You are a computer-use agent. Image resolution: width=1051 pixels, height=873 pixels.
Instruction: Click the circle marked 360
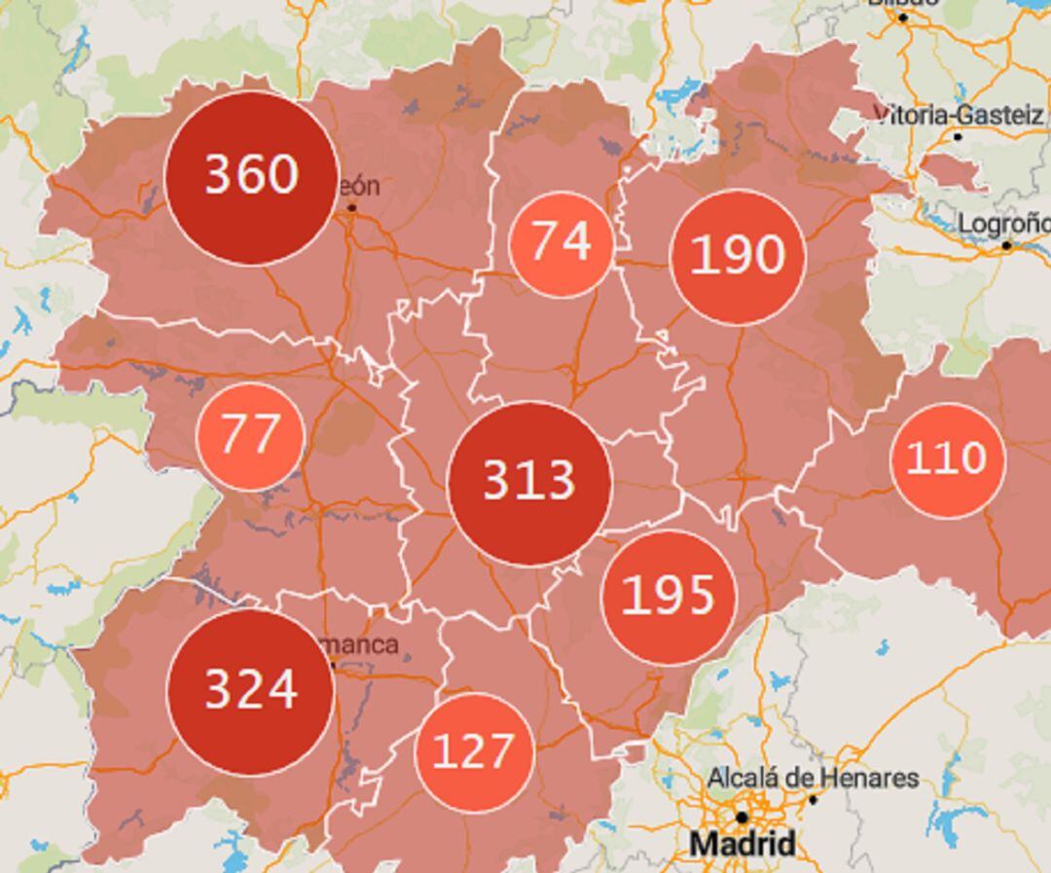click(252, 177)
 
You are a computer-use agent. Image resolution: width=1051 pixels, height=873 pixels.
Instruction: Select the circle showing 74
click(562, 242)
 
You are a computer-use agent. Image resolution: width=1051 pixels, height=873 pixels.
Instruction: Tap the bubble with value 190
click(738, 256)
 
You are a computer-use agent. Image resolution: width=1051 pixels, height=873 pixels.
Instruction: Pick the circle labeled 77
click(250, 436)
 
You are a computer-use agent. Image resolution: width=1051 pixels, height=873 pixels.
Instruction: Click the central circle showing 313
click(529, 483)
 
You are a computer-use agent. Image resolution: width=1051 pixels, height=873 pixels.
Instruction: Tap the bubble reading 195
click(669, 596)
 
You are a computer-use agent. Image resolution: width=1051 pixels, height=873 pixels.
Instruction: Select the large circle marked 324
click(251, 691)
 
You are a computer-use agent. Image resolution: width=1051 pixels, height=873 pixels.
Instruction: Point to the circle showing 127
click(473, 752)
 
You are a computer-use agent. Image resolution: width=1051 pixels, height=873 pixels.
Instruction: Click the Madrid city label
click(742, 844)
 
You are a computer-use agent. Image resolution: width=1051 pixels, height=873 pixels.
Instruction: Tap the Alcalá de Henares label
click(813, 778)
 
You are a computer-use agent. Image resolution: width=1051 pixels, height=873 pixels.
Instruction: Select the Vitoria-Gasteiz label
click(960, 115)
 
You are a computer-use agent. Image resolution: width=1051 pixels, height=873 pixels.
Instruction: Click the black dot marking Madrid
click(742, 818)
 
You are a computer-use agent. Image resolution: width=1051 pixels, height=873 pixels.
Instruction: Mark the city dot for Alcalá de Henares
click(814, 799)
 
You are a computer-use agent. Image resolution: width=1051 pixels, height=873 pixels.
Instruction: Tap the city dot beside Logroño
click(1007, 246)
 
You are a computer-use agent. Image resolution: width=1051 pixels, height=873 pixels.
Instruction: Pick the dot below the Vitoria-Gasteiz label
click(958, 137)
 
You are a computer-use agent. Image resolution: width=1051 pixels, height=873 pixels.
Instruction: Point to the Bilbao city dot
click(902, 18)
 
